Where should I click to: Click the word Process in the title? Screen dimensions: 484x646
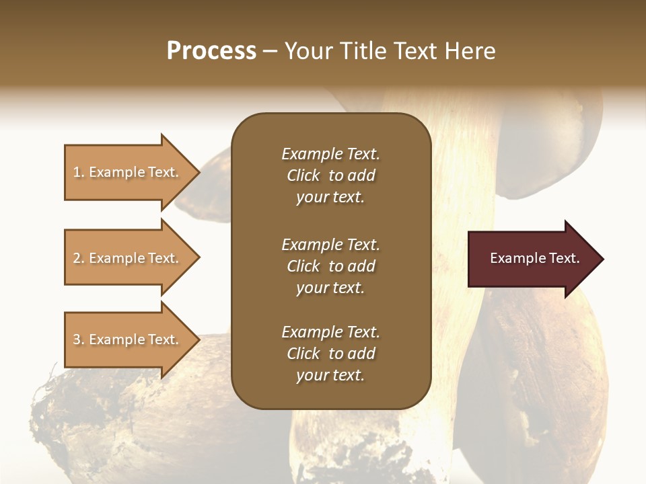tap(211, 51)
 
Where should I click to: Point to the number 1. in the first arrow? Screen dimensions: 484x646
tap(79, 172)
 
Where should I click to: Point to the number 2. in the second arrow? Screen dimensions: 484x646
tap(79, 258)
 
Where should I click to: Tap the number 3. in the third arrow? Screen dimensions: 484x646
tap(79, 339)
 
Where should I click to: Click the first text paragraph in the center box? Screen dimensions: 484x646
tap(330, 175)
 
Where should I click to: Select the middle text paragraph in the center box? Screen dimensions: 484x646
tap(330, 266)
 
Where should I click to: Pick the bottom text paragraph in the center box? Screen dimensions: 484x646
tap(330, 354)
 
